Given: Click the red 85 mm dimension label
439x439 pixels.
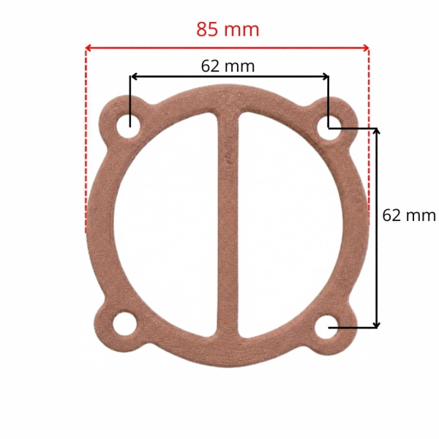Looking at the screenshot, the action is point(228,29).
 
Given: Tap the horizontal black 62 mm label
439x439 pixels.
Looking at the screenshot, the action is point(228,67).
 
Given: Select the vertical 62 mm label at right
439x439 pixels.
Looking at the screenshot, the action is point(409,216).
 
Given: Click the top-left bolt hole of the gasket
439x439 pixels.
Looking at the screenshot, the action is point(128,127).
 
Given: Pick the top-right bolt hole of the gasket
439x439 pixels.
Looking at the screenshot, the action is point(329,128).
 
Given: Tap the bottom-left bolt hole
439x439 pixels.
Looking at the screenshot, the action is point(124,324).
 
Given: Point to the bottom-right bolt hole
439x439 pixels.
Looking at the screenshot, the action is point(326,327).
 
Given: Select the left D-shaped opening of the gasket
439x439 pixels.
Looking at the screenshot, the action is point(166,225).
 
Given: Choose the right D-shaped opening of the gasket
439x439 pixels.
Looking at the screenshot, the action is point(290,225).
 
